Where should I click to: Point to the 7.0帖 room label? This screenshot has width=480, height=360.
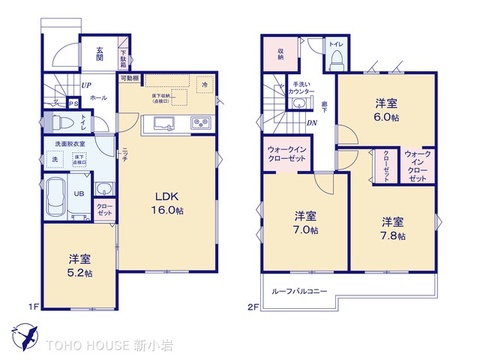tap(306, 222)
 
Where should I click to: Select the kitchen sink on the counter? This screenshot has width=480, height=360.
tap(162, 124)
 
